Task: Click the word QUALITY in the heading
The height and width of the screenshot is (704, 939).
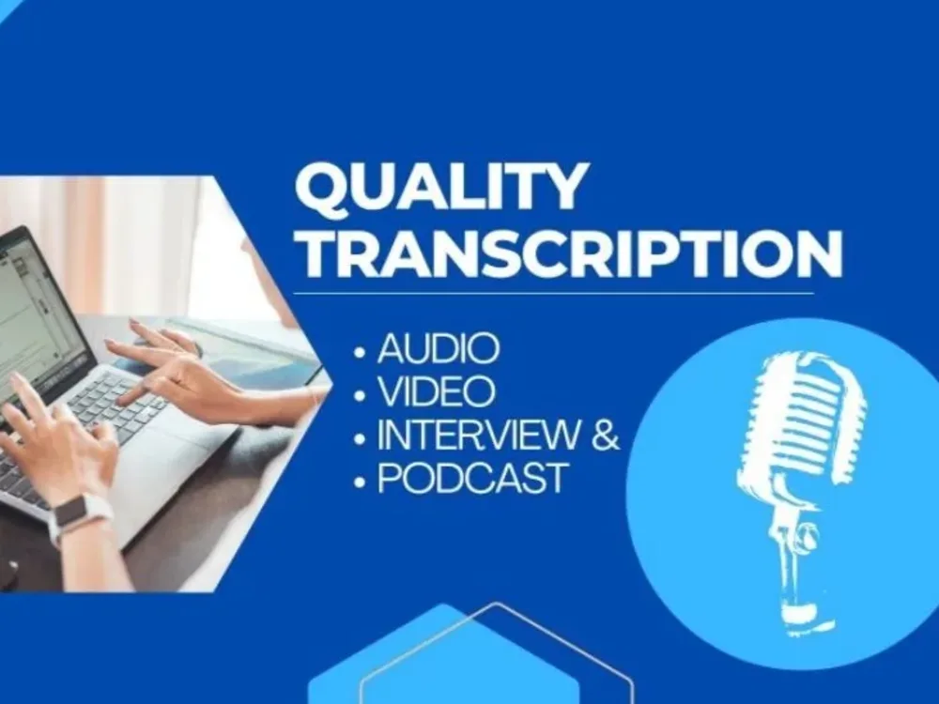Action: point(441,188)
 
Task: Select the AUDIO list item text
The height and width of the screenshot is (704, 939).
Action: point(438,350)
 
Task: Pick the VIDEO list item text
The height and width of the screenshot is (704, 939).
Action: point(436,392)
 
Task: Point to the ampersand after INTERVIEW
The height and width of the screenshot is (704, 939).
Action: point(607,436)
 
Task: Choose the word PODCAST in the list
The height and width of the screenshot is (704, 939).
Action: point(472,479)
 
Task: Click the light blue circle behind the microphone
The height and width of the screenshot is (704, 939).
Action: point(685,526)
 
